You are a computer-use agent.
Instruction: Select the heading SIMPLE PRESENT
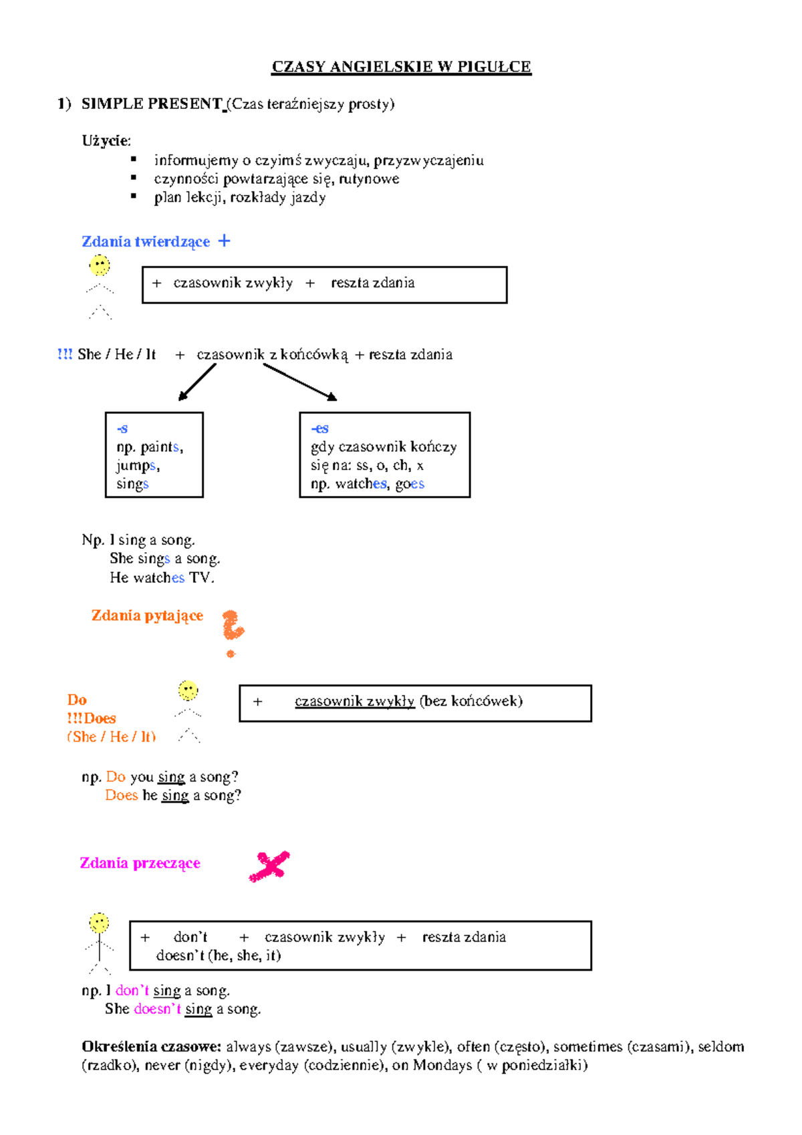pyautogui.click(x=152, y=104)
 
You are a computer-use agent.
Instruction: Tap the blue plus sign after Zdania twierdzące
pyautogui.click(x=225, y=241)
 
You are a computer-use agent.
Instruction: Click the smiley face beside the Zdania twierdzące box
pyautogui.click(x=100, y=265)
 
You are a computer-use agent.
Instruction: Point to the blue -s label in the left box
pyautogui.click(x=122, y=428)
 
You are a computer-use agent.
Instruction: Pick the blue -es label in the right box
pyautogui.click(x=319, y=428)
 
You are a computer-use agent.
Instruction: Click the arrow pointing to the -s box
pyautogui.click(x=196, y=382)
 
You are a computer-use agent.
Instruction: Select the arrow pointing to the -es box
pyautogui.click(x=300, y=382)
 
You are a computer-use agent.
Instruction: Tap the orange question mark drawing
pyautogui.click(x=232, y=632)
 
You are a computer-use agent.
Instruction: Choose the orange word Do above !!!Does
pyautogui.click(x=77, y=700)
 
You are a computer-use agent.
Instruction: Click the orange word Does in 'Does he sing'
pyautogui.click(x=121, y=795)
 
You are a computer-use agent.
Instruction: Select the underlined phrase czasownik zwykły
pyautogui.click(x=354, y=701)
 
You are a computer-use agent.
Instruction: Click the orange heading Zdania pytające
pyautogui.click(x=147, y=616)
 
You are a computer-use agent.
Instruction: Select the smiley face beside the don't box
pyautogui.click(x=100, y=923)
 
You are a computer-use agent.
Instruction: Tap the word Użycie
pyautogui.click(x=106, y=140)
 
